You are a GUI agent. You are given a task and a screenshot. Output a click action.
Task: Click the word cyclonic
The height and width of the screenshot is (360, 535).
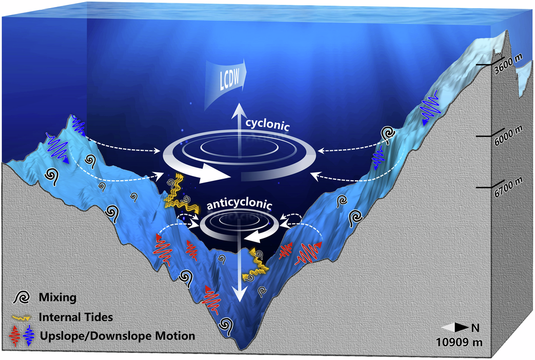tap(267, 126)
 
